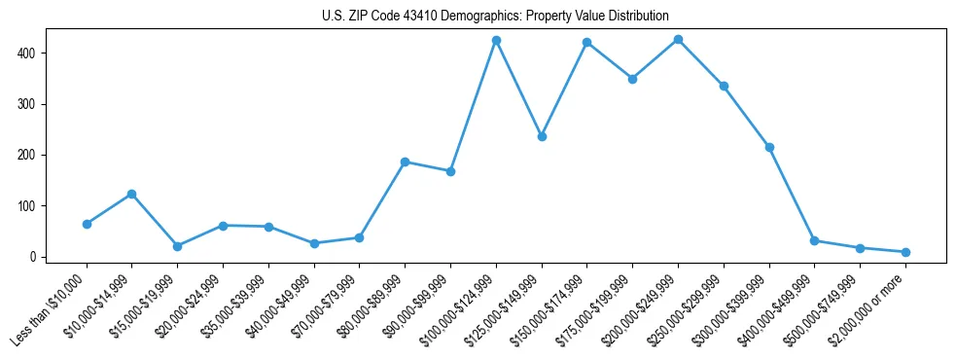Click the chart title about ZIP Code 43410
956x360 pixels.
click(494, 17)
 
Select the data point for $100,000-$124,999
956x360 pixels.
click(496, 40)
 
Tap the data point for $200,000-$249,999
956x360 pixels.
click(678, 39)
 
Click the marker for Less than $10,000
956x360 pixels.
click(87, 224)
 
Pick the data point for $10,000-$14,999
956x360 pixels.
click(131, 194)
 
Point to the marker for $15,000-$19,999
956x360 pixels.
click(177, 246)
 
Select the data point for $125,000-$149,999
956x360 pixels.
click(542, 136)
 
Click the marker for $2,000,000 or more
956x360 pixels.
click(905, 252)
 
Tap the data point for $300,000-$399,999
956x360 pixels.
click(769, 147)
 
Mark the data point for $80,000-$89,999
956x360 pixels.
click(405, 162)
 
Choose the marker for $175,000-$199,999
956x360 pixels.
click(632, 79)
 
